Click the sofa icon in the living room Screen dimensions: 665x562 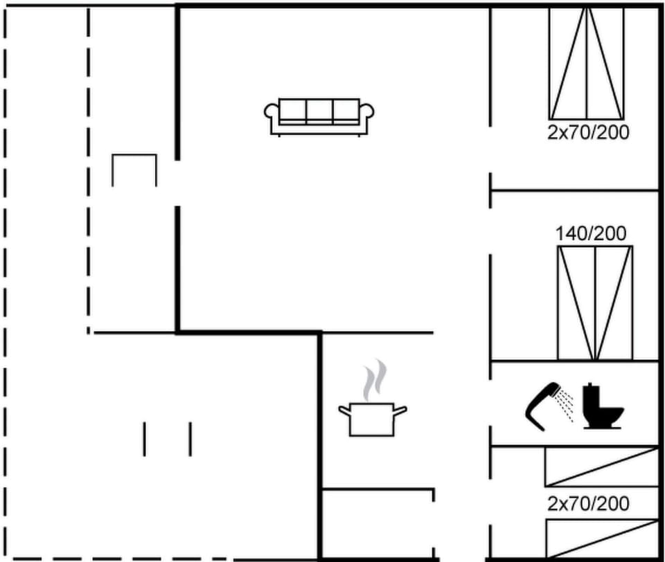click(x=319, y=118)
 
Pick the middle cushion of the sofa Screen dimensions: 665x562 click(x=319, y=111)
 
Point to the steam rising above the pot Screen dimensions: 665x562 click(x=375, y=380)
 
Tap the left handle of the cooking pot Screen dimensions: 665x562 click(x=344, y=410)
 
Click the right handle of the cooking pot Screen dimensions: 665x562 click(x=400, y=410)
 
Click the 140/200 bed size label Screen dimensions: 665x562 click(x=591, y=233)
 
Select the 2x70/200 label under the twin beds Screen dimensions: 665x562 click(x=588, y=133)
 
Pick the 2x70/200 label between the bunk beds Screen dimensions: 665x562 click(x=588, y=504)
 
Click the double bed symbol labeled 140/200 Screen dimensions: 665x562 click(x=595, y=303)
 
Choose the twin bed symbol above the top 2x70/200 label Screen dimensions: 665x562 click(x=587, y=63)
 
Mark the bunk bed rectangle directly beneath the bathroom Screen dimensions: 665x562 click(x=601, y=466)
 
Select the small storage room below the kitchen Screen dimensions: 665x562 click(x=378, y=524)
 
